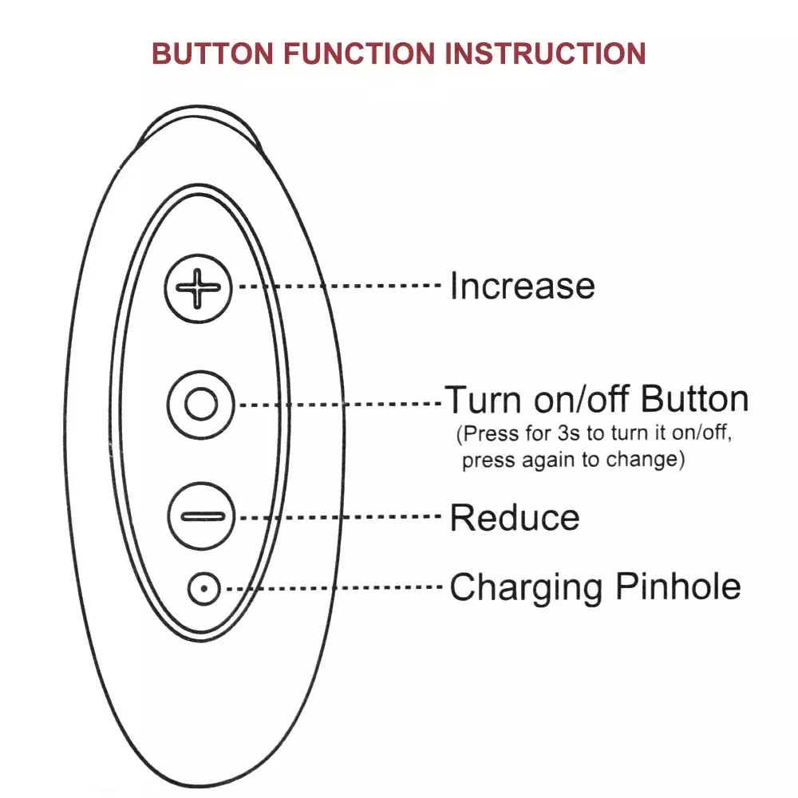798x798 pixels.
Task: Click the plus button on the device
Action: pyautogui.click(x=199, y=289)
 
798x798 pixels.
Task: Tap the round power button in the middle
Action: pyautogui.click(x=201, y=405)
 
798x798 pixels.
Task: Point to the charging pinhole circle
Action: pyautogui.click(x=203, y=589)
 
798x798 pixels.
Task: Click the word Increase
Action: pyautogui.click(x=523, y=286)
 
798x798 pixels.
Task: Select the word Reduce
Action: pyautogui.click(x=515, y=518)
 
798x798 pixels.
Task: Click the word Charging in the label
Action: pyautogui.click(x=526, y=588)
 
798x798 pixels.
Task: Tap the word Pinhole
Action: pyautogui.click(x=678, y=587)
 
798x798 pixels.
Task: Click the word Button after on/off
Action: pyautogui.click(x=694, y=398)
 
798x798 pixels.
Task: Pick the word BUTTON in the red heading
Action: pyautogui.click(x=213, y=53)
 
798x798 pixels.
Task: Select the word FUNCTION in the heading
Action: pyautogui.click(x=359, y=53)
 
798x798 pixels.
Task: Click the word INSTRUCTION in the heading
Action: pyautogui.click(x=545, y=53)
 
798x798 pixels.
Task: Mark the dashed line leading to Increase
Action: pyautogui.click(x=339, y=286)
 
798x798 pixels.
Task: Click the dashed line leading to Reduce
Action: pyautogui.click(x=340, y=517)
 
